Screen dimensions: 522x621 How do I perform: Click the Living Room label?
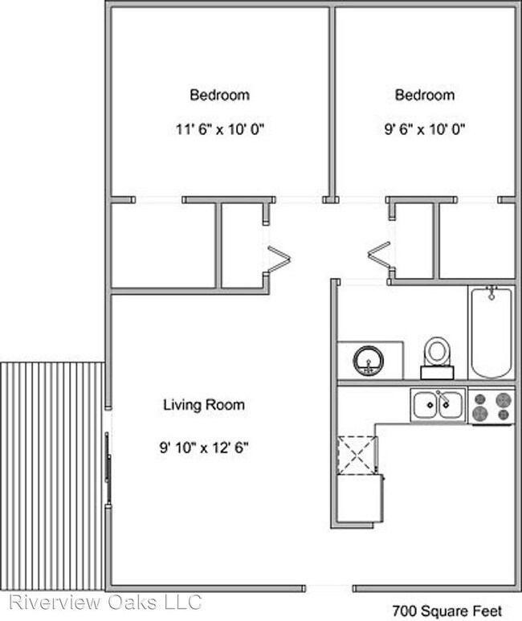tap(204, 405)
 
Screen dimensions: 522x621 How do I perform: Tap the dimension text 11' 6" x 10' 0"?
tap(220, 129)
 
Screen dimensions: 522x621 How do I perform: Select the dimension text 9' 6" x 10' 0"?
tap(425, 129)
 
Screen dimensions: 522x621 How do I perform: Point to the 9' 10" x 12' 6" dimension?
tap(203, 448)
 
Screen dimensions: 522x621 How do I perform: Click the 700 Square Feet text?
tap(447, 611)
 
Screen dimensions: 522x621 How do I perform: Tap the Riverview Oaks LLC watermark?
tap(105, 603)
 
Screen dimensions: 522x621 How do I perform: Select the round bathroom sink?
tap(369, 361)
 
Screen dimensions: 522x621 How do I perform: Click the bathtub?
tap(491, 333)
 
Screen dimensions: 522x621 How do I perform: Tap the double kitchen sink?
tap(438, 405)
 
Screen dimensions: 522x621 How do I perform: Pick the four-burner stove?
tap(491, 407)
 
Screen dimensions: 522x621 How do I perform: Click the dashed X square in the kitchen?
tap(357, 455)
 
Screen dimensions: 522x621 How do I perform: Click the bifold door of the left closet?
tap(279, 259)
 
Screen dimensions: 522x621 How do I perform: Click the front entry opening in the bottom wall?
tap(329, 589)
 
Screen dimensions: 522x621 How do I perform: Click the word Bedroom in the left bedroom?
tap(220, 95)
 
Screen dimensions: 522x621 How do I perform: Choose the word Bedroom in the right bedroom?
tap(425, 95)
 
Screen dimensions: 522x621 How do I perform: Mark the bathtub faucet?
tap(491, 293)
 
